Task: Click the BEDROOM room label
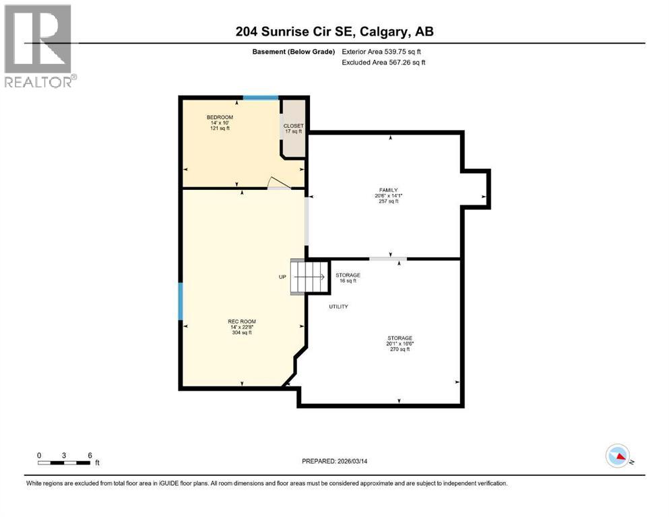point(220,118)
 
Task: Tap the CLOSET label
point(294,126)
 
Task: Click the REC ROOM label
point(241,321)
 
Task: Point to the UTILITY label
point(338,306)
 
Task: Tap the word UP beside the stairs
point(282,277)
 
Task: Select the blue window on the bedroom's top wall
point(261,98)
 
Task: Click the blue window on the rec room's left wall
point(181,301)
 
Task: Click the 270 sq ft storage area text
point(399,349)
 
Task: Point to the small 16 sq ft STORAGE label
point(348,277)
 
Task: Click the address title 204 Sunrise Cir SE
point(334,32)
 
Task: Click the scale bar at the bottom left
point(65,462)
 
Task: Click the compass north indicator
point(618,456)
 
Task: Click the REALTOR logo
point(39,46)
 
